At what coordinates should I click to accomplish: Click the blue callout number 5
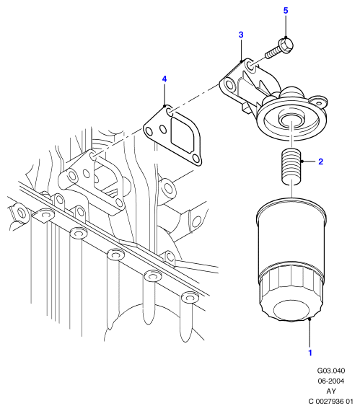pyautogui.click(x=286, y=11)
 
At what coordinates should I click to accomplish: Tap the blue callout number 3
pyautogui.click(x=241, y=35)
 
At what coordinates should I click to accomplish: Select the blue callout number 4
pyautogui.click(x=164, y=79)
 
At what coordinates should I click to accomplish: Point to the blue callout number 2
pyautogui.click(x=320, y=162)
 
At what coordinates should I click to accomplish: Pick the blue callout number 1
pyautogui.click(x=310, y=353)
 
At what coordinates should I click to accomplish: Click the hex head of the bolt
pyautogui.click(x=286, y=45)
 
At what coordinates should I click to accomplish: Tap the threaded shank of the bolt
pyautogui.click(x=273, y=53)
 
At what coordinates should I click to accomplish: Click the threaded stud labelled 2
pyautogui.click(x=291, y=166)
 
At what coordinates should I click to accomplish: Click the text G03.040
pyautogui.click(x=331, y=371)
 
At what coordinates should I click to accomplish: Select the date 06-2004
pyautogui.click(x=331, y=381)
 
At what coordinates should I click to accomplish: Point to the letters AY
pyautogui.click(x=331, y=391)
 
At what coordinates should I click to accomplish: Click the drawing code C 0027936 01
pyautogui.click(x=331, y=402)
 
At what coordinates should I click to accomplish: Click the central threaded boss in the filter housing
pyautogui.click(x=291, y=119)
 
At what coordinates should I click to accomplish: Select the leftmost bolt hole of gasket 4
pyautogui.click(x=149, y=131)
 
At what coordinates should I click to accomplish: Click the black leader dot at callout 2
pyautogui.click(x=302, y=162)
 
